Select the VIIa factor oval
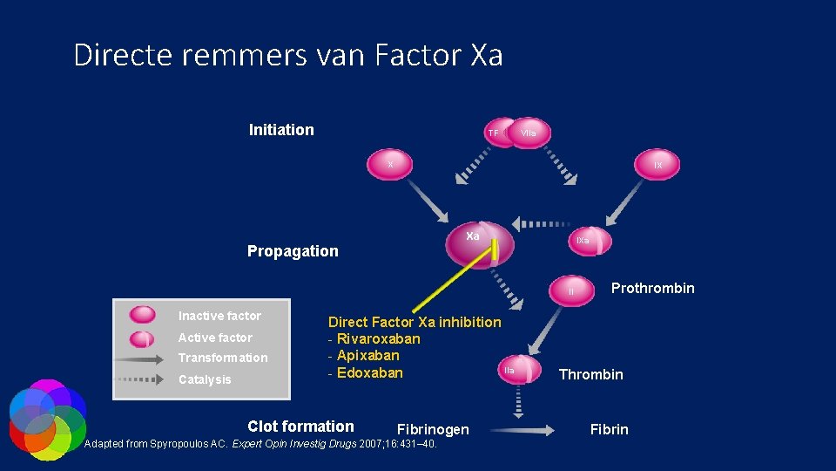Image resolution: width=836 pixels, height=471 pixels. tap(529, 133)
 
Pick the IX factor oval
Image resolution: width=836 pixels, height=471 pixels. tap(657, 164)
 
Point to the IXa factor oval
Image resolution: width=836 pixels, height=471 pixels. tap(583, 240)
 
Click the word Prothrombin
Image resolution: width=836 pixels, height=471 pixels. tap(652, 288)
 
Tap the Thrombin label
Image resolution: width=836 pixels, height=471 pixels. tap(590, 374)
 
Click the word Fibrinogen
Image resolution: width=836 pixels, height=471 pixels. tap(432, 429)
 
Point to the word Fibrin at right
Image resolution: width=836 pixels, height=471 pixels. tap(609, 429)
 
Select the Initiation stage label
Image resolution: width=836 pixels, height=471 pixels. tap(281, 130)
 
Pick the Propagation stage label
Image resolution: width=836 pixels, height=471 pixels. tap(293, 251)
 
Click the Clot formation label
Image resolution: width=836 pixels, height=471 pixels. tap(300, 427)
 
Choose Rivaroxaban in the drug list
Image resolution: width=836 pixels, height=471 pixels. tap(378, 338)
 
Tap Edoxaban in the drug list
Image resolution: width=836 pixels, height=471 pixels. tap(369, 372)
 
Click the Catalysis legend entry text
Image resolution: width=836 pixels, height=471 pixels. tap(205, 379)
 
